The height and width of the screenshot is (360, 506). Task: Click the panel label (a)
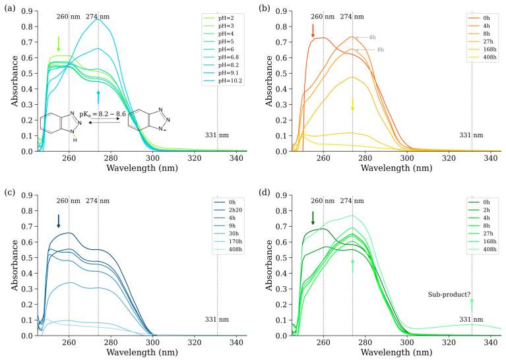(x=9, y=8)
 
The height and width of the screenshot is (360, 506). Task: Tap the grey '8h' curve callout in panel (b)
(x=380, y=49)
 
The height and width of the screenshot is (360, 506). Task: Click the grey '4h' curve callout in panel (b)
(x=371, y=38)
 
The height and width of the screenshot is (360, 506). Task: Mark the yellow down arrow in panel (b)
(x=353, y=104)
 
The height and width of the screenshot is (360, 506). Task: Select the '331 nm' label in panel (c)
(x=216, y=320)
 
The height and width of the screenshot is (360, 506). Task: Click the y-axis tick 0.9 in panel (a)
(x=24, y=11)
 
